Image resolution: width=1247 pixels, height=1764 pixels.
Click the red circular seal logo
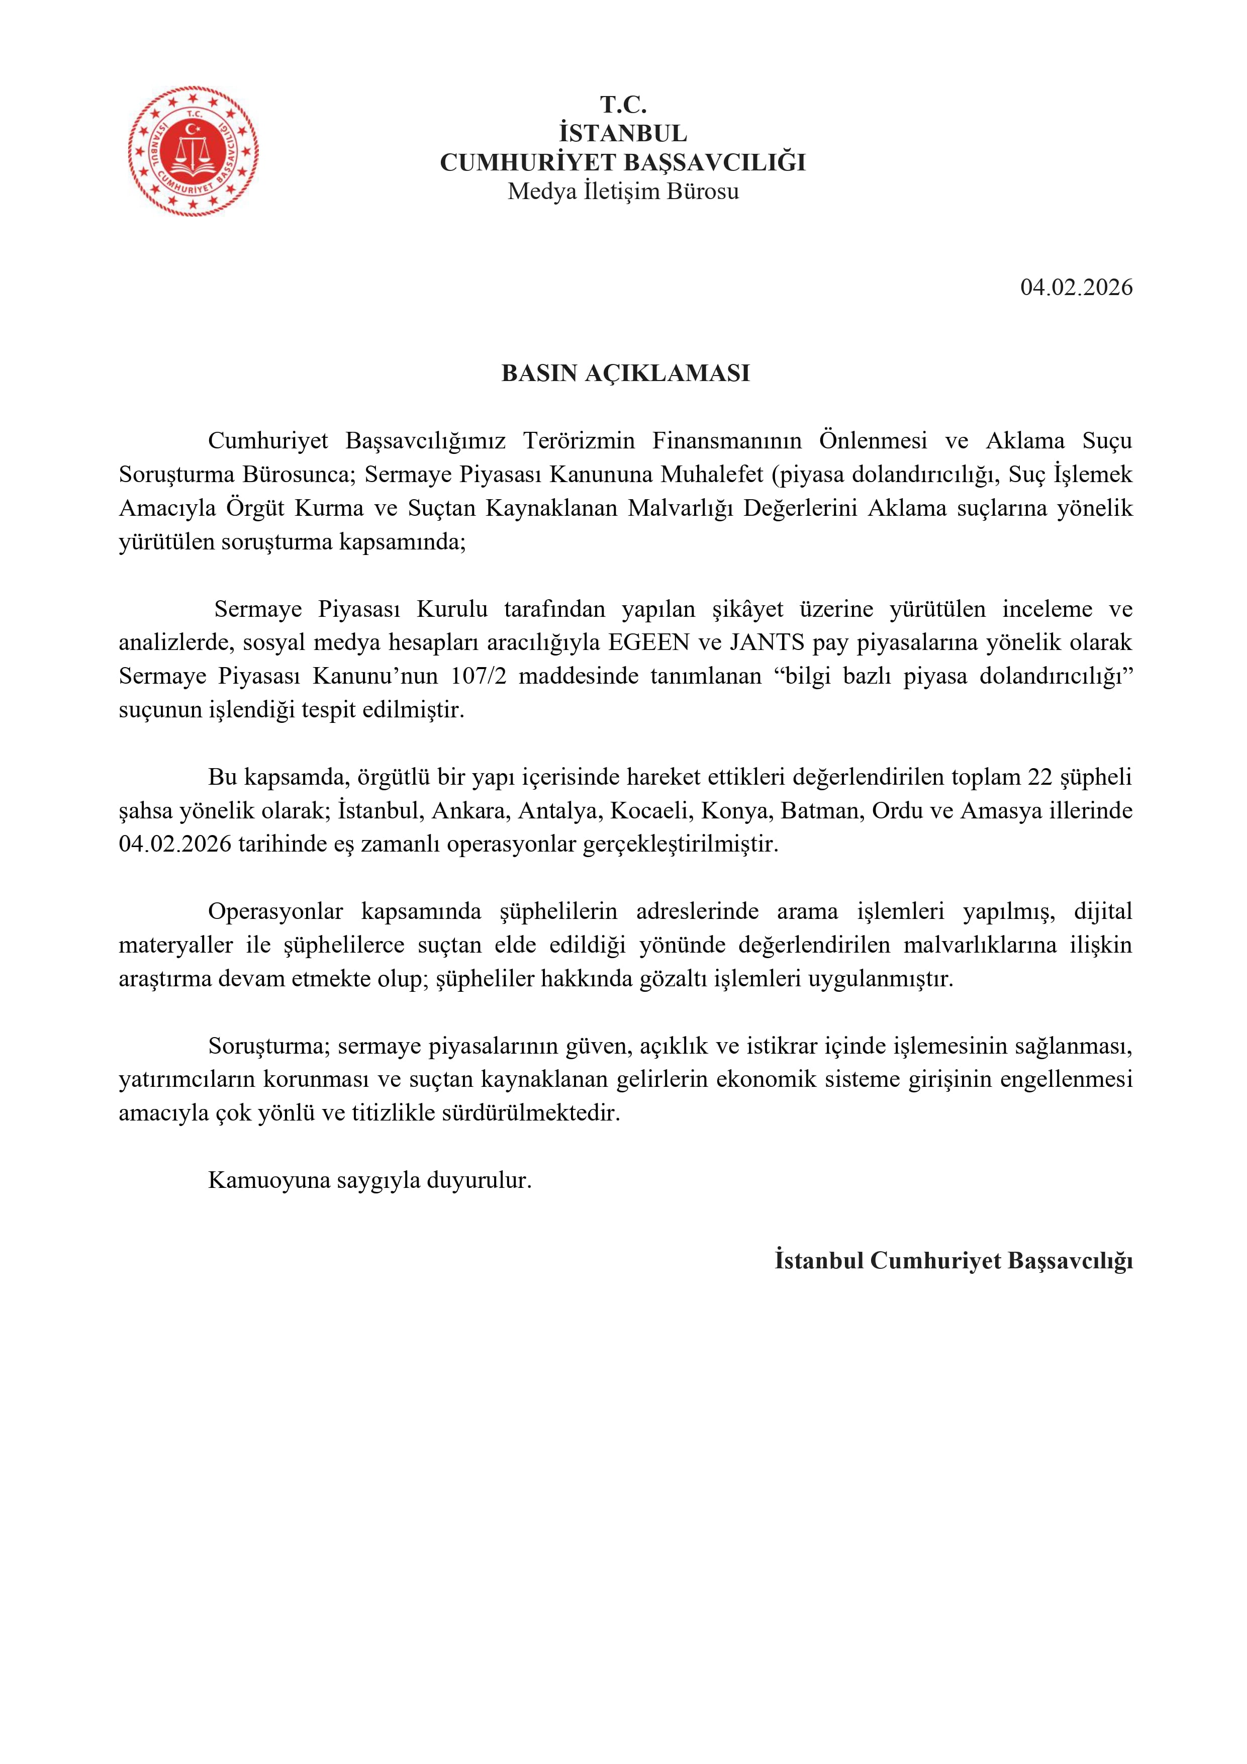(193, 151)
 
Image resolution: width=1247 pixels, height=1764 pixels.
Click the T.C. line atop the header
(623, 105)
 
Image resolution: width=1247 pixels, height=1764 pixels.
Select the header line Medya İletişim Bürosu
(623, 192)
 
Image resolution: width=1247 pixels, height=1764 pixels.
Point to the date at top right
(1076, 288)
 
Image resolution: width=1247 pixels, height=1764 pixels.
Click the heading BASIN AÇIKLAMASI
(625, 374)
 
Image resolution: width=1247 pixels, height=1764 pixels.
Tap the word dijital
(1103, 912)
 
